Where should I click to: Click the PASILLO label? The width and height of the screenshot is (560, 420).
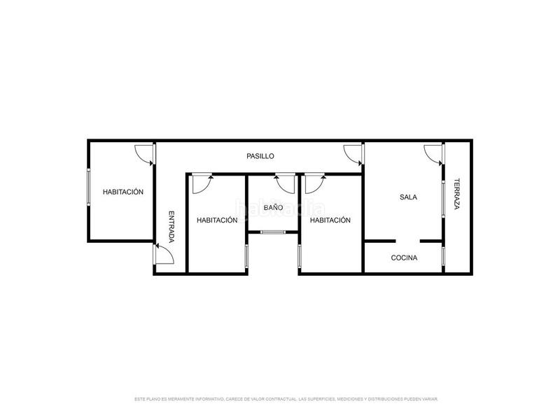pyautogui.click(x=260, y=156)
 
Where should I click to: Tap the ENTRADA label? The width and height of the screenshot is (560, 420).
pyautogui.click(x=171, y=227)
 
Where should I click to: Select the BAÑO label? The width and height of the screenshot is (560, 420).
pyautogui.click(x=273, y=208)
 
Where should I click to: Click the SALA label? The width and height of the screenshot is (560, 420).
pyautogui.click(x=408, y=197)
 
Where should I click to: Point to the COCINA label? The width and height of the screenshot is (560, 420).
pyautogui.click(x=404, y=258)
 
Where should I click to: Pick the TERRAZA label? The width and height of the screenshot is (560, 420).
pyautogui.click(x=456, y=195)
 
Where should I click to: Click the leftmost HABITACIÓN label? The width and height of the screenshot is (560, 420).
pyautogui.click(x=123, y=192)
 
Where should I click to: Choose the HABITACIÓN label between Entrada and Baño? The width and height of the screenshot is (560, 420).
pyautogui.click(x=217, y=220)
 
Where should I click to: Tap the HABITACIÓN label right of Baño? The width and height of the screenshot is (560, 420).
pyautogui.click(x=330, y=220)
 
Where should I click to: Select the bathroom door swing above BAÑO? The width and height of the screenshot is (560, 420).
pyautogui.click(x=285, y=183)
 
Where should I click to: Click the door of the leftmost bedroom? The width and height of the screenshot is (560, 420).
pyautogui.click(x=144, y=153)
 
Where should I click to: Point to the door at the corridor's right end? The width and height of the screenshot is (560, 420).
pyautogui.click(x=353, y=153)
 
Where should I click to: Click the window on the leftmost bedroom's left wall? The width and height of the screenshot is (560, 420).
pyautogui.click(x=87, y=187)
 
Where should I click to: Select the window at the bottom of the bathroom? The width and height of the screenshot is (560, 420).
pyautogui.click(x=273, y=232)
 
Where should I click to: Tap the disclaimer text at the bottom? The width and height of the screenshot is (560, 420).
pyautogui.click(x=286, y=399)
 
